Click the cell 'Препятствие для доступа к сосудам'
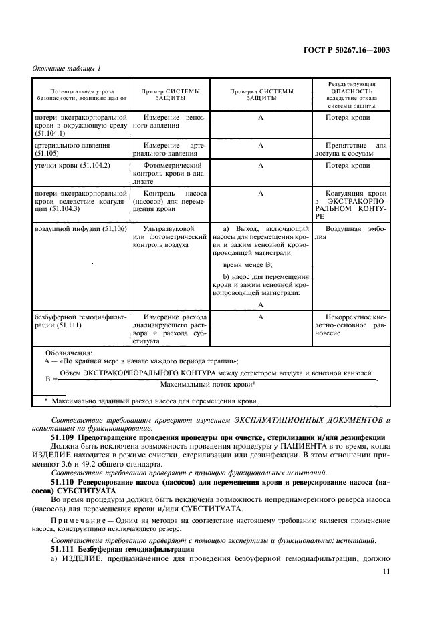[351, 148]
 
